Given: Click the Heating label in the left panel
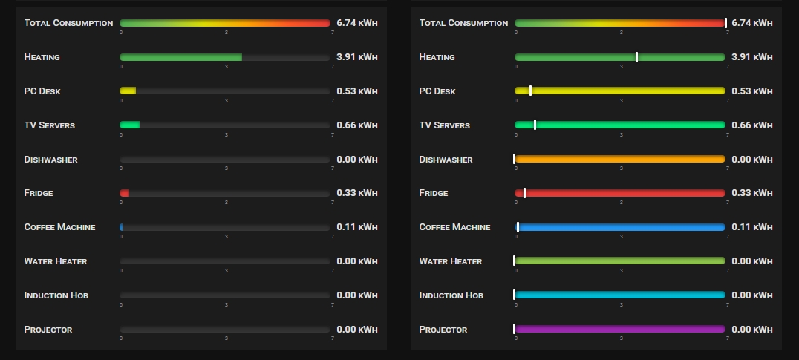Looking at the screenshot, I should pos(42,57).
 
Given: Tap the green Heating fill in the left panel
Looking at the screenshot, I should pos(180,57).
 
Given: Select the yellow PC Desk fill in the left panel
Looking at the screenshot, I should pos(128,91).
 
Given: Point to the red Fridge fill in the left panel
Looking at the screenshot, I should pos(125,193).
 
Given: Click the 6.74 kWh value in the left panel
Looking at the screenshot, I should pos(357,23).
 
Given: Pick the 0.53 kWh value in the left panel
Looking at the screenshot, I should pos(357,91).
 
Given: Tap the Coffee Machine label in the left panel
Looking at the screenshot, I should pos(59,227).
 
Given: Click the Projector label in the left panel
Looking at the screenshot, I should pos(48,330).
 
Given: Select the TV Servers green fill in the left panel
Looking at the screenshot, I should pos(129,125).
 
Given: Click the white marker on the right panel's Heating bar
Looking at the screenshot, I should pos(636,57).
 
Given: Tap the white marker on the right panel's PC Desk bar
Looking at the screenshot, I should pos(530,91).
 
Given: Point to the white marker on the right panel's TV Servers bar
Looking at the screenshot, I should pos(535,125).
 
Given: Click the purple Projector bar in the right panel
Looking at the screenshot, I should pos(620,329).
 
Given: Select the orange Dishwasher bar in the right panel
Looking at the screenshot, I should pos(620,159).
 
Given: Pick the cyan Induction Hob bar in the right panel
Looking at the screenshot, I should pos(620,295).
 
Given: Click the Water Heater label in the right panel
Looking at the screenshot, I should pos(451,261).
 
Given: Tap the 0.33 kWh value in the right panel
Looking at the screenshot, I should pos(752,193).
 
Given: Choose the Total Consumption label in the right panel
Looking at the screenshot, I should pos(463,23).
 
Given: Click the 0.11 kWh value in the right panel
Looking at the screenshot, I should pos(752,227).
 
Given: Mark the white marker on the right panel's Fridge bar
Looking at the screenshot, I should pos(524,193).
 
